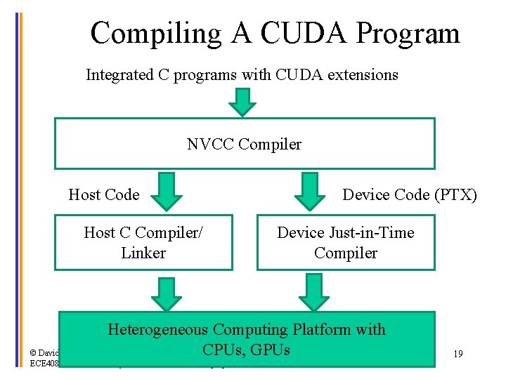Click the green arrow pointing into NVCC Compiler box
click(x=244, y=102)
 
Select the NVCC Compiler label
click(x=244, y=145)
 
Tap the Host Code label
click(x=104, y=194)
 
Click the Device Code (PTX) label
click(x=409, y=194)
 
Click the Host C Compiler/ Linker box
click(x=143, y=243)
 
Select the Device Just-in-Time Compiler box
click(x=345, y=243)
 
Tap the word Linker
click(x=143, y=253)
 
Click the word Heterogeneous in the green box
click(x=157, y=329)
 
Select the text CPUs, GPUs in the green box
click(x=246, y=349)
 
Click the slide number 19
click(x=458, y=354)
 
